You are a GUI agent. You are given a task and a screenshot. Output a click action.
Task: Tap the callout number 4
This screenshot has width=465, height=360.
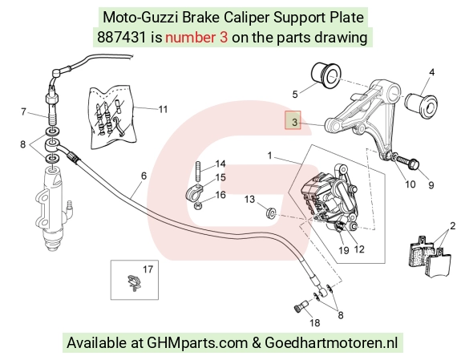(432, 72)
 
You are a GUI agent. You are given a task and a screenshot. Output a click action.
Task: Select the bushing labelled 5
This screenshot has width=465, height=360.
(326, 75)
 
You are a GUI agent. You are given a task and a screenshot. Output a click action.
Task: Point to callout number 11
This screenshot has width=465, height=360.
(163, 109)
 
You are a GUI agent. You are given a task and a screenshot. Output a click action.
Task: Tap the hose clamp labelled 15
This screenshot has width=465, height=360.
(195, 192)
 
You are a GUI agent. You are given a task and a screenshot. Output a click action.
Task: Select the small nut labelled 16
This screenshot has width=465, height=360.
(198, 205)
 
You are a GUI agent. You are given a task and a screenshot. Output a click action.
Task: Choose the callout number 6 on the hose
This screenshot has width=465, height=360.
(144, 176)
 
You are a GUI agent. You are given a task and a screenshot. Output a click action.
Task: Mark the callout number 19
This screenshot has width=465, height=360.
(344, 251)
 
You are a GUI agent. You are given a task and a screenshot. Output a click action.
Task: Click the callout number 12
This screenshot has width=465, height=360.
(359, 249)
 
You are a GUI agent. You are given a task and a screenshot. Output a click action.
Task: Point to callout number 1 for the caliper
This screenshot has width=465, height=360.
(269, 156)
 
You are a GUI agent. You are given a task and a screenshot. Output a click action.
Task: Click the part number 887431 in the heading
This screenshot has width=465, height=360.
(122, 38)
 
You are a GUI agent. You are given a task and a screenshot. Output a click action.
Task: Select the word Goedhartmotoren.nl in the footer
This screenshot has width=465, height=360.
(331, 343)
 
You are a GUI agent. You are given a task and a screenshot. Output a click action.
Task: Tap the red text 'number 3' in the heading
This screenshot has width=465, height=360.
(196, 38)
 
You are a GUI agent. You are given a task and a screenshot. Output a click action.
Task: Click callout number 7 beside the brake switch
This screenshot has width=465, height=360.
(23, 111)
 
